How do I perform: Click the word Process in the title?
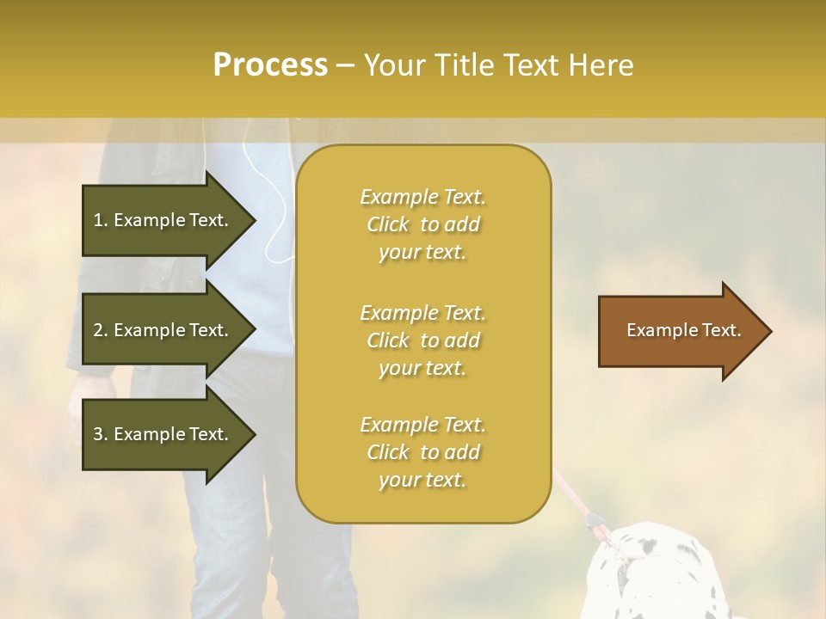[270, 65]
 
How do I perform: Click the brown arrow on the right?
[680, 331]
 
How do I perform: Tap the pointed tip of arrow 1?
[253, 220]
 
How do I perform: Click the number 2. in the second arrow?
[101, 330]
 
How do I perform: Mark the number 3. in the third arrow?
[101, 434]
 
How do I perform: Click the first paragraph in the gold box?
[422, 224]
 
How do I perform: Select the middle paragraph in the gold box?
[422, 340]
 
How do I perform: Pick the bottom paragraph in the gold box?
[422, 452]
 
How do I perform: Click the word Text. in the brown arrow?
[721, 330]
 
